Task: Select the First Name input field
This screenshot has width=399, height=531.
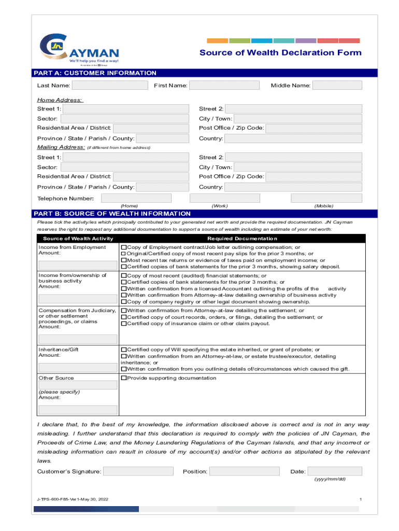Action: tap(224, 86)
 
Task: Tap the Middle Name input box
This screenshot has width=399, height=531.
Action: tap(337, 86)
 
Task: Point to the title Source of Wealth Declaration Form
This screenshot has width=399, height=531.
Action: tap(280, 52)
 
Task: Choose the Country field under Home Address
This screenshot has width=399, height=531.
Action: tap(293, 138)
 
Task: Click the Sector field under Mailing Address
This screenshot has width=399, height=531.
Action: tap(125, 167)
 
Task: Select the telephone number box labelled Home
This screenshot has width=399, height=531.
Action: tap(136, 198)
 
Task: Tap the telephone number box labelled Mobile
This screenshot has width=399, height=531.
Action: tap(326, 198)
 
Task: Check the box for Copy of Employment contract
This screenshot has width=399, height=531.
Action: tap(124, 248)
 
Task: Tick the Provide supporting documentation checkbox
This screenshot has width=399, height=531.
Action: tap(124, 378)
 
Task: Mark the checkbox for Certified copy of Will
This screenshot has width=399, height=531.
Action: tap(124, 350)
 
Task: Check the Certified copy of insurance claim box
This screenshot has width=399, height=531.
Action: tap(124, 324)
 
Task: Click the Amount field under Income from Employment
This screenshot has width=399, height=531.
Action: tap(78, 265)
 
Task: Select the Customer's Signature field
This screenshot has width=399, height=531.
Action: tap(138, 471)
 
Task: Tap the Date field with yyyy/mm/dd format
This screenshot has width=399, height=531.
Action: tap(334, 471)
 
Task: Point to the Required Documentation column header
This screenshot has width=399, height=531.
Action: tap(242, 239)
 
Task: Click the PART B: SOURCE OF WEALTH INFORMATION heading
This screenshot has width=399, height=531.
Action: tap(112, 214)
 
